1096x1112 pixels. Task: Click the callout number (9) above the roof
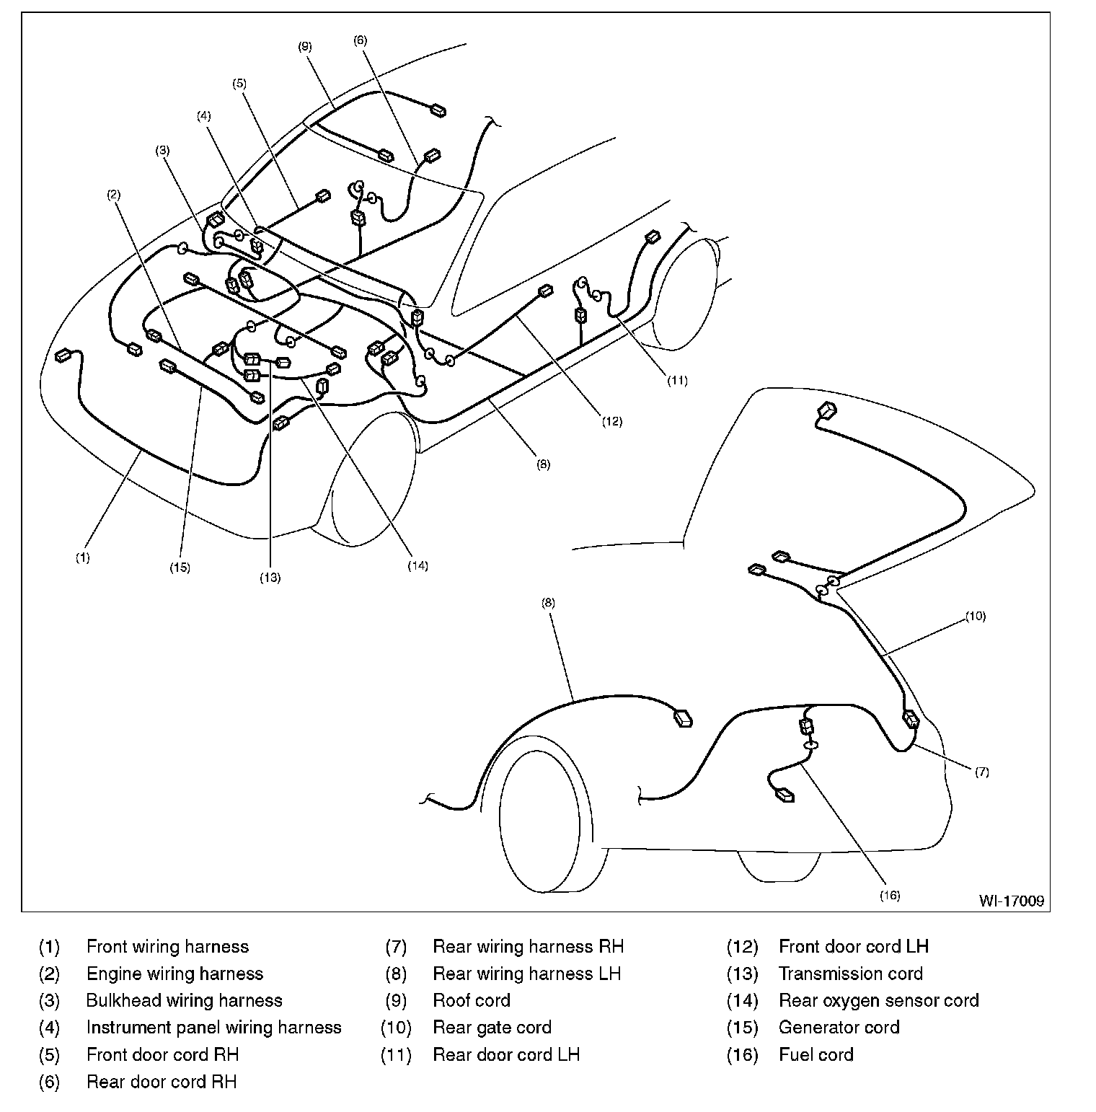(304, 46)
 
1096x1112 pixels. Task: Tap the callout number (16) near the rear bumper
(890, 895)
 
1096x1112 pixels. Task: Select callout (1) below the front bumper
(83, 557)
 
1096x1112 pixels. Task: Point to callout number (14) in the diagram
(418, 565)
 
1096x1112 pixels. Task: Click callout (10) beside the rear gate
(976, 617)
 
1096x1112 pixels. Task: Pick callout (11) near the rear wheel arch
(677, 381)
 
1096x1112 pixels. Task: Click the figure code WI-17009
(1011, 901)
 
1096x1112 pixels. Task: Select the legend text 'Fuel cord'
(816, 1054)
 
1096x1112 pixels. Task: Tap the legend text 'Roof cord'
(471, 1000)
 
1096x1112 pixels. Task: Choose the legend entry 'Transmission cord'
(850, 974)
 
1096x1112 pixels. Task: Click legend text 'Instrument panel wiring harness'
(213, 1027)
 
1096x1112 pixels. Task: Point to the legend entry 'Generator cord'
(839, 1027)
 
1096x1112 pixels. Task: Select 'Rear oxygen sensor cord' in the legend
(878, 1000)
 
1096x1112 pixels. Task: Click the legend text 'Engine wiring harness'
(174, 974)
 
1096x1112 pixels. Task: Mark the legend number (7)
(396, 946)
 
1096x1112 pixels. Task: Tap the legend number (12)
(742, 946)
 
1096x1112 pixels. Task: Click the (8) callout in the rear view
(548, 603)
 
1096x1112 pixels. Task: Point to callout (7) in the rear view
(982, 772)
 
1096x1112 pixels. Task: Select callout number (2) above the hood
(114, 194)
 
